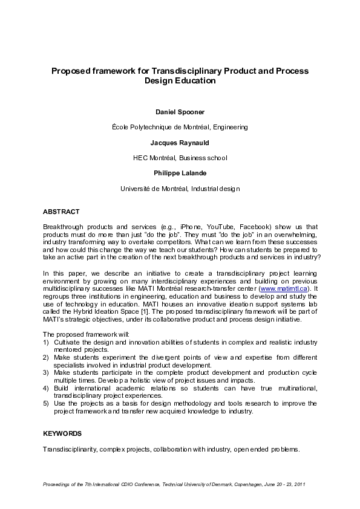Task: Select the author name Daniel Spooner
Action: [180, 112]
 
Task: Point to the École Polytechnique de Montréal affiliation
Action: [180, 128]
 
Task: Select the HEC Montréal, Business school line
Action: [180, 158]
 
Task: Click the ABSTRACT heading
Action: [61, 212]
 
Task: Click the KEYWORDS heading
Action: [62, 433]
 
